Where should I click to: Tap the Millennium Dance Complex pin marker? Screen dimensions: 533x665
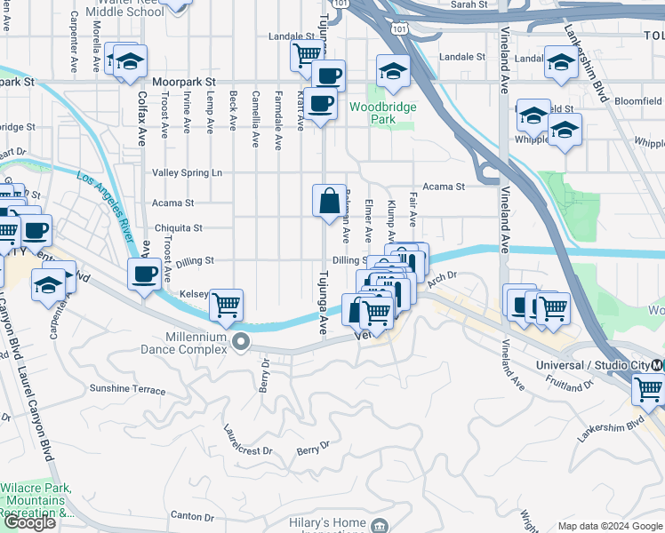click(241, 342)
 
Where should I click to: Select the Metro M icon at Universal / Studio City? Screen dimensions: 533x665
click(657, 365)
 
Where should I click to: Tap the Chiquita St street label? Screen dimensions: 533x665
click(179, 228)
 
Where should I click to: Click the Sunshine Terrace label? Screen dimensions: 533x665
click(127, 390)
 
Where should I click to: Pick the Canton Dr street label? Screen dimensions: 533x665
click(192, 516)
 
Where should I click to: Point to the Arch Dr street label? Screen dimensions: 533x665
click(441, 280)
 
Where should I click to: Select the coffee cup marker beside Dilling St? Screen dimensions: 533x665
click(144, 274)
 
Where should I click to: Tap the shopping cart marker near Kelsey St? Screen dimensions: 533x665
click(227, 305)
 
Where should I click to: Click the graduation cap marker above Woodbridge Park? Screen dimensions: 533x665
click(393, 69)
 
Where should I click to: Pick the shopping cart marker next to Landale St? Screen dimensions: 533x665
click(307, 54)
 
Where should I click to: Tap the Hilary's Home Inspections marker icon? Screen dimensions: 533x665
click(381, 527)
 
